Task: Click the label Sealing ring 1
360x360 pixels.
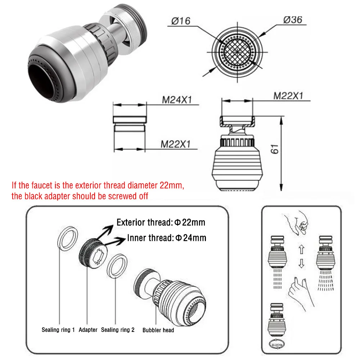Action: pos(58,330)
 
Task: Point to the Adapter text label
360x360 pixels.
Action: pos(88,330)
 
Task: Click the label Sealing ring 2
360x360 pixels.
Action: pos(118,330)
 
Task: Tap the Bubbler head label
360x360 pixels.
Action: pos(158,330)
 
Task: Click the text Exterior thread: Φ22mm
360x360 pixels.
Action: pos(161,222)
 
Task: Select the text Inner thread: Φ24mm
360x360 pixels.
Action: pos(167,238)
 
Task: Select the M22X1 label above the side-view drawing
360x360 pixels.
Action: pos(288,96)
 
